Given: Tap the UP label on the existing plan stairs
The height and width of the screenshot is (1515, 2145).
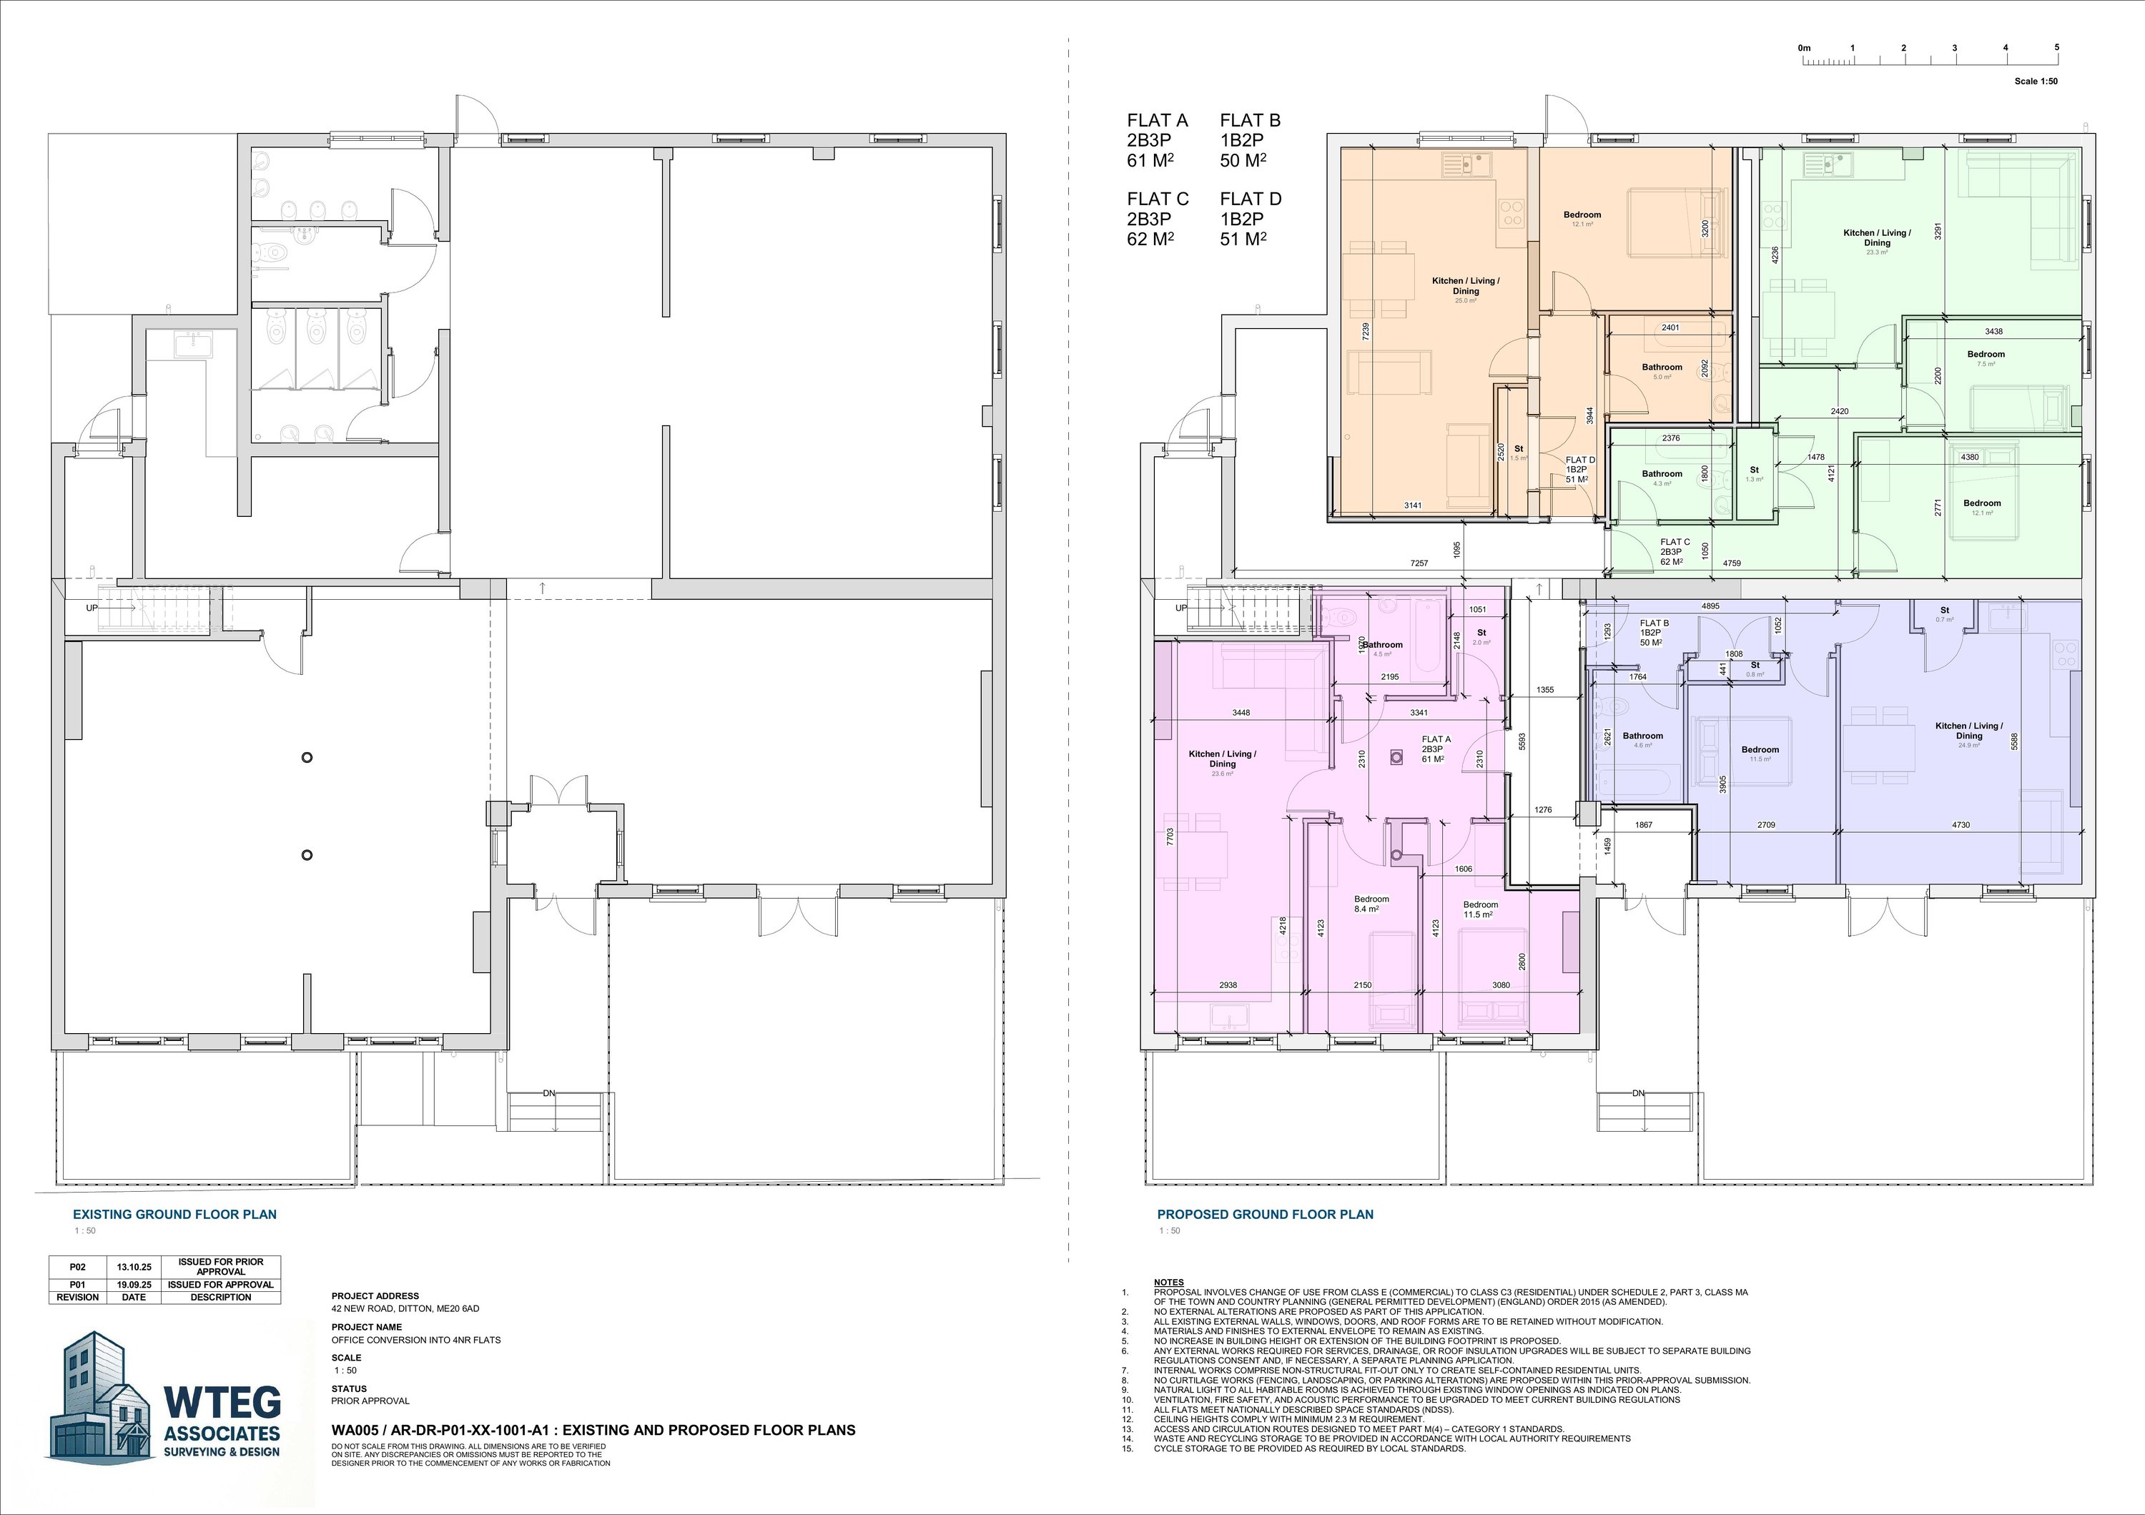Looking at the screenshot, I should tap(92, 608).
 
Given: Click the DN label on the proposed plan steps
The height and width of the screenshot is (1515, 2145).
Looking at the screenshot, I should tap(1638, 1093).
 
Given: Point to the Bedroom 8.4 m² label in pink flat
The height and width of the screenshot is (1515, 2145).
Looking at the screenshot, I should tap(1371, 903).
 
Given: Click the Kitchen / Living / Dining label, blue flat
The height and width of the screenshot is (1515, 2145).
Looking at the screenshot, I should tap(1968, 731).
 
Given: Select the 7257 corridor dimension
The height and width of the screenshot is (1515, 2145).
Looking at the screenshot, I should tap(1419, 563).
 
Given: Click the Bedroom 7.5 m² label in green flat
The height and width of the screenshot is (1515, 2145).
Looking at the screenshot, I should tap(1986, 357).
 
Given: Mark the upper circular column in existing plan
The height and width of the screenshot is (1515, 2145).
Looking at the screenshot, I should tap(307, 758).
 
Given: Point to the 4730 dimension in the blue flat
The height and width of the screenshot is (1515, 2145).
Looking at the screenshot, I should tap(1961, 825).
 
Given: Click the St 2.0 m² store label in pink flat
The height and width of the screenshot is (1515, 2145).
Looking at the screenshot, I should tap(1481, 637).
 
